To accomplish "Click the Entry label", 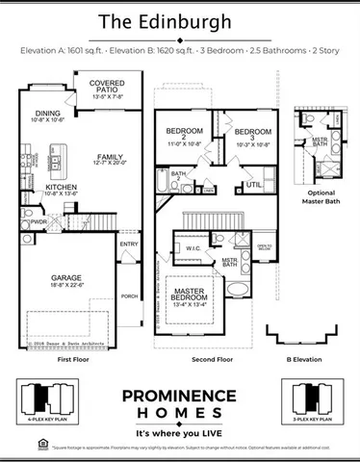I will tap(129, 244).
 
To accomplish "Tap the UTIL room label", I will tap(253, 183).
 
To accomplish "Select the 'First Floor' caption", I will tap(74, 358).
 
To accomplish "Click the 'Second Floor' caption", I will tap(212, 358).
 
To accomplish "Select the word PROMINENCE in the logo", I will tap(179, 395).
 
